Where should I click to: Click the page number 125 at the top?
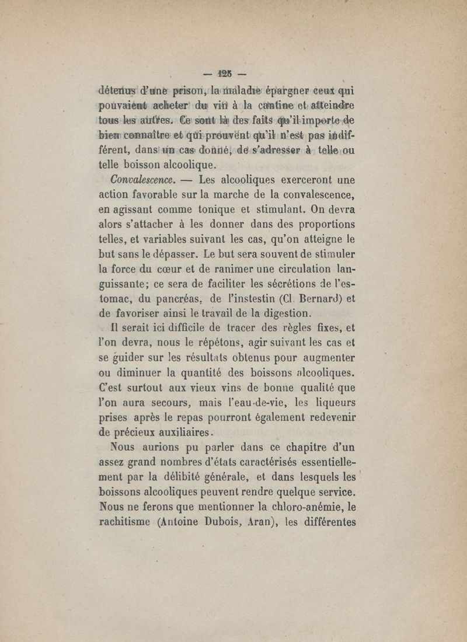pyautogui.click(x=225, y=74)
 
